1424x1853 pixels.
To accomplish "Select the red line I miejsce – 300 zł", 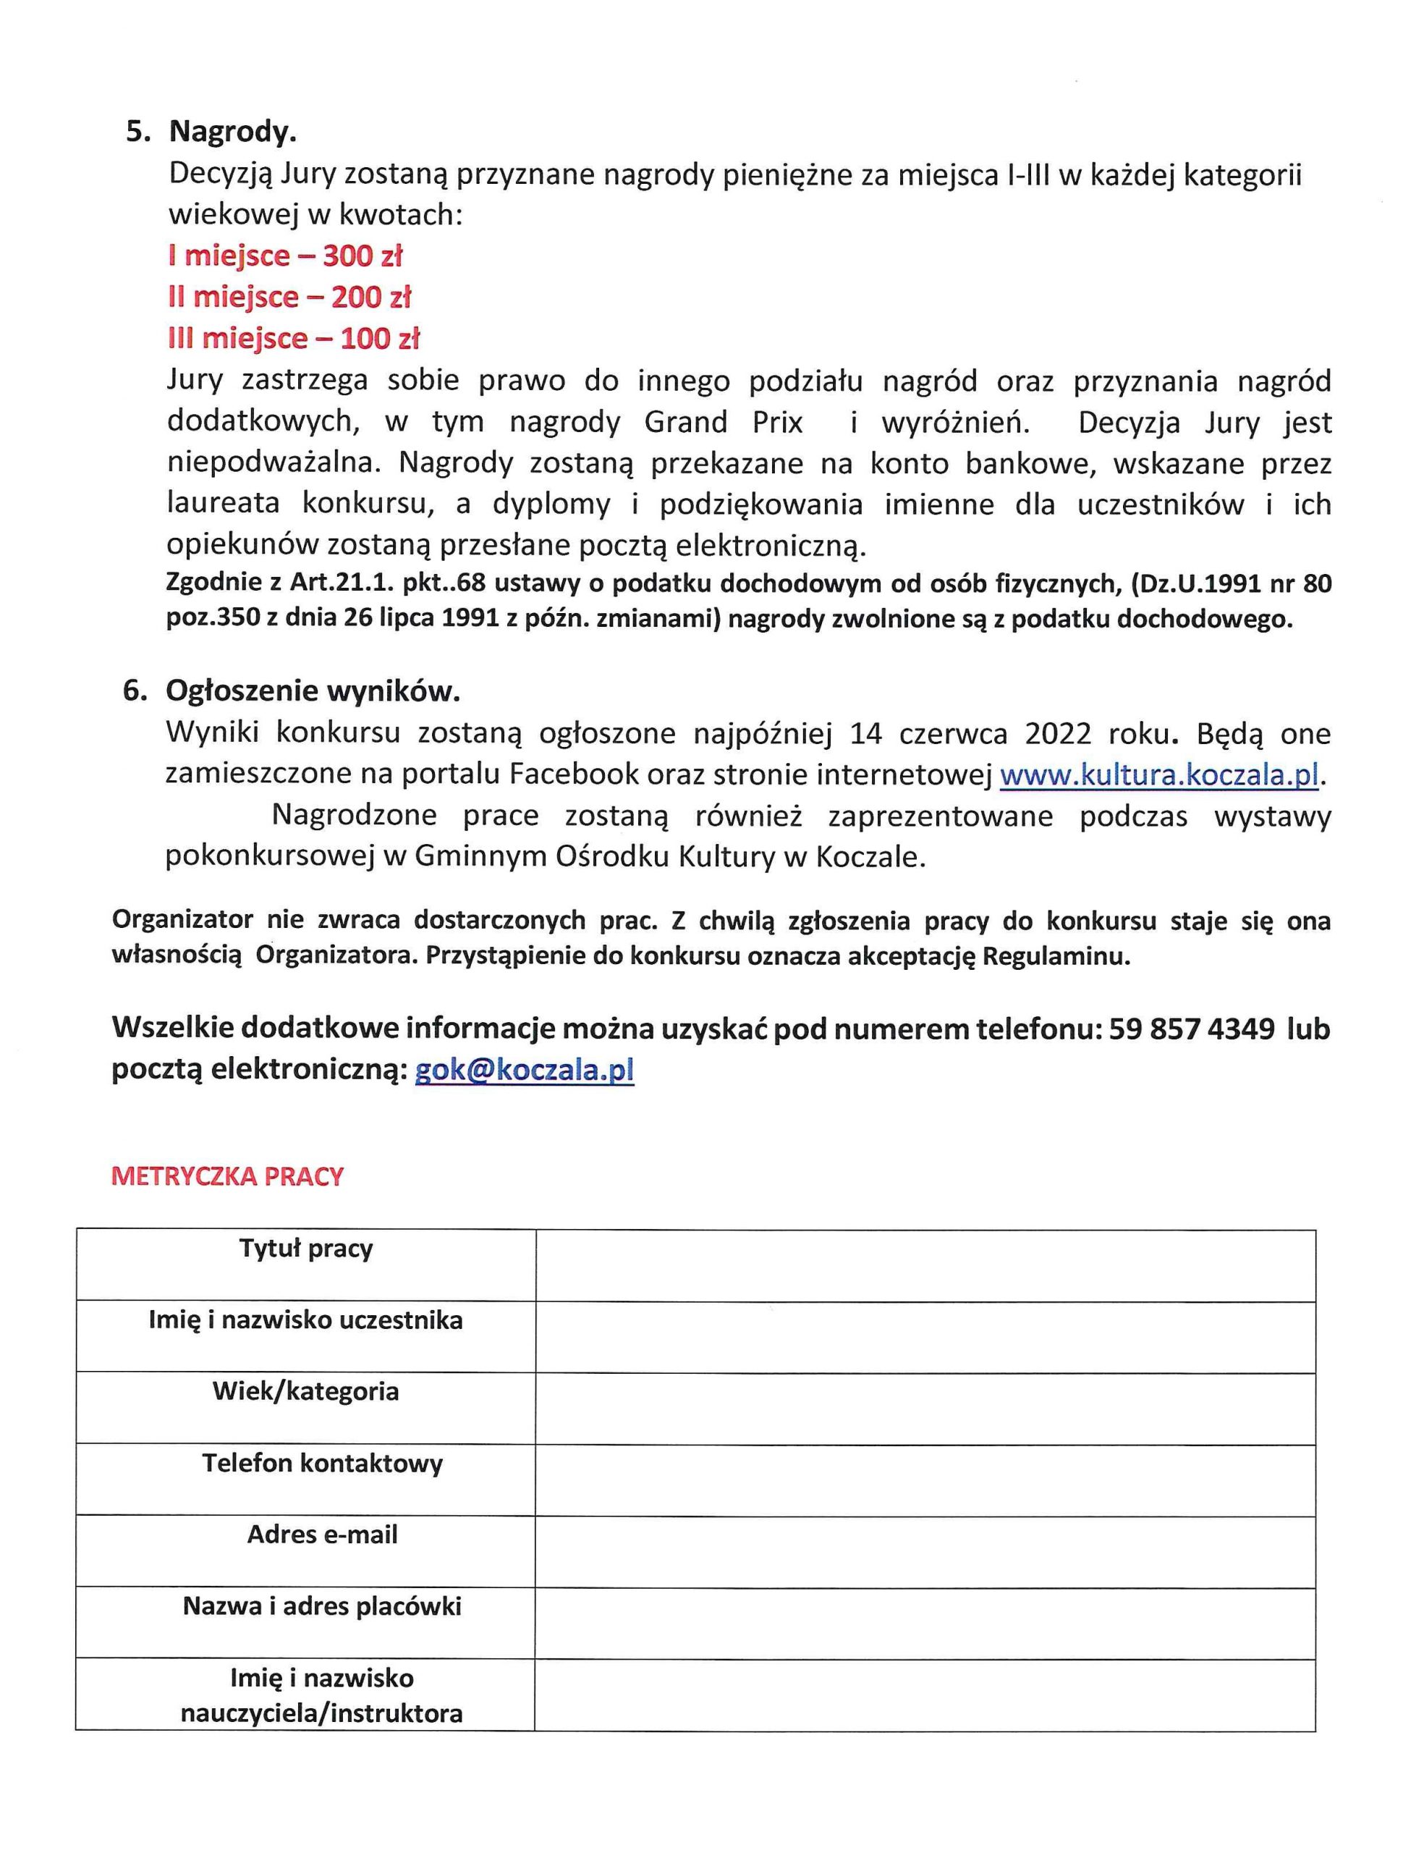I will click(x=285, y=256).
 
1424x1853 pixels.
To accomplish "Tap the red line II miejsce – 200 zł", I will click(x=289, y=297).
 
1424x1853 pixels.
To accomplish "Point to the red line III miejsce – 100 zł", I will click(x=293, y=339).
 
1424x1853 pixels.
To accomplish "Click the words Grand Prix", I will click(x=723, y=422).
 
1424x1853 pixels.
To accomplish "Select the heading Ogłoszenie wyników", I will click(x=313, y=692).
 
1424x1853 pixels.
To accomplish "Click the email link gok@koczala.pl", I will click(x=525, y=1071).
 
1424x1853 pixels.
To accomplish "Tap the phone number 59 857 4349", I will click(x=1191, y=1029).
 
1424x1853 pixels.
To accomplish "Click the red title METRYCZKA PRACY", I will click(x=227, y=1176).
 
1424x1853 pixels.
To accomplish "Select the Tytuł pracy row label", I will click(x=306, y=1249).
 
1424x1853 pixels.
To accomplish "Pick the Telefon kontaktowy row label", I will click(x=322, y=1464).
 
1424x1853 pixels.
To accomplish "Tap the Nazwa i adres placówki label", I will click(x=322, y=1606).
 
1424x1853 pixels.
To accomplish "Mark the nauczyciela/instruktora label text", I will click(x=322, y=1713).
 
